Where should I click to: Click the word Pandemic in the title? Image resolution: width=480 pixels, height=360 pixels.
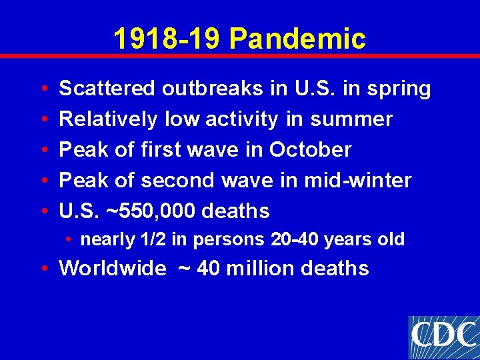(x=297, y=39)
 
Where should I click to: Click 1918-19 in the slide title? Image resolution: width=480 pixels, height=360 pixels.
(x=167, y=39)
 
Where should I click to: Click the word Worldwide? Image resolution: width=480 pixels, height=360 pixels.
(x=113, y=268)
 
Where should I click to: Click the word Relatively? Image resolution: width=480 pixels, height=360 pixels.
(x=108, y=119)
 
